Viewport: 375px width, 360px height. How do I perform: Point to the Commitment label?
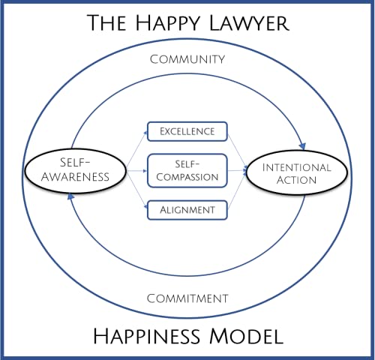[x=188, y=298]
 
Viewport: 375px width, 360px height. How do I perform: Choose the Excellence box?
[x=187, y=132]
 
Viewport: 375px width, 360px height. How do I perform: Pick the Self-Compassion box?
[x=187, y=170]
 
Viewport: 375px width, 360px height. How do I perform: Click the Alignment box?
[x=187, y=209]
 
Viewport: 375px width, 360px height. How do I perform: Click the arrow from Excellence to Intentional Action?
[x=238, y=147]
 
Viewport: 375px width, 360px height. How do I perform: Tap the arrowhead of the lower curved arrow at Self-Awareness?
[x=70, y=196]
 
